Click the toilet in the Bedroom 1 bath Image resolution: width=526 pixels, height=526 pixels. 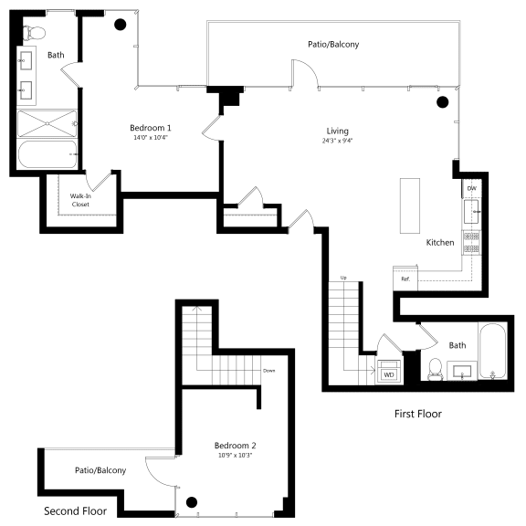pos(34,33)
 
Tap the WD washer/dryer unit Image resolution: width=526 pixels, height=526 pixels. pos(389,372)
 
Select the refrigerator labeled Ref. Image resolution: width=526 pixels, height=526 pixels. pos(405,279)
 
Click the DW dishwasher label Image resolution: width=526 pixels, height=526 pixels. pos(471,188)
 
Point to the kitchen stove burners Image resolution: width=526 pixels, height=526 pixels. pos(471,242)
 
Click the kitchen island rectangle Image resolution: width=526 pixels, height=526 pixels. pos(410,205)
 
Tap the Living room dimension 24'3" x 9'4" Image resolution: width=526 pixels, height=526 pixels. pos(337,141)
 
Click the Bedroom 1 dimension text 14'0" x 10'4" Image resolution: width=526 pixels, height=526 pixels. pos(151,137)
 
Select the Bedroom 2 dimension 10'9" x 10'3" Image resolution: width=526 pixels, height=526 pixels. pos(235,455)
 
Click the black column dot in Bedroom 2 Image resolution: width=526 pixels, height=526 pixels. pos(192,502)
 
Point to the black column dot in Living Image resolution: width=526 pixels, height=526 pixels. pos(443,102)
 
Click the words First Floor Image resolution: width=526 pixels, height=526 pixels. pos(418,414)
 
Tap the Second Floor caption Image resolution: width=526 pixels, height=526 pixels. pos(75,511)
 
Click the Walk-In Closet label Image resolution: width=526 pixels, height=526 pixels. pos(80,200)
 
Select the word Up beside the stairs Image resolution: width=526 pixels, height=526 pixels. pos(343,278)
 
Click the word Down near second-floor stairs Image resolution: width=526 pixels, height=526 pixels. pos(269,371)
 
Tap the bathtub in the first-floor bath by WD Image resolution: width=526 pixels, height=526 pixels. pos(492,351)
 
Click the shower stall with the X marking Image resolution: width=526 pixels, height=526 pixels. pos(47,123)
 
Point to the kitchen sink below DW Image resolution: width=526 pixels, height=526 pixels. pos(471,211)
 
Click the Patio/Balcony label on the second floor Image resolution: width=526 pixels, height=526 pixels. pos(100,470)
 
